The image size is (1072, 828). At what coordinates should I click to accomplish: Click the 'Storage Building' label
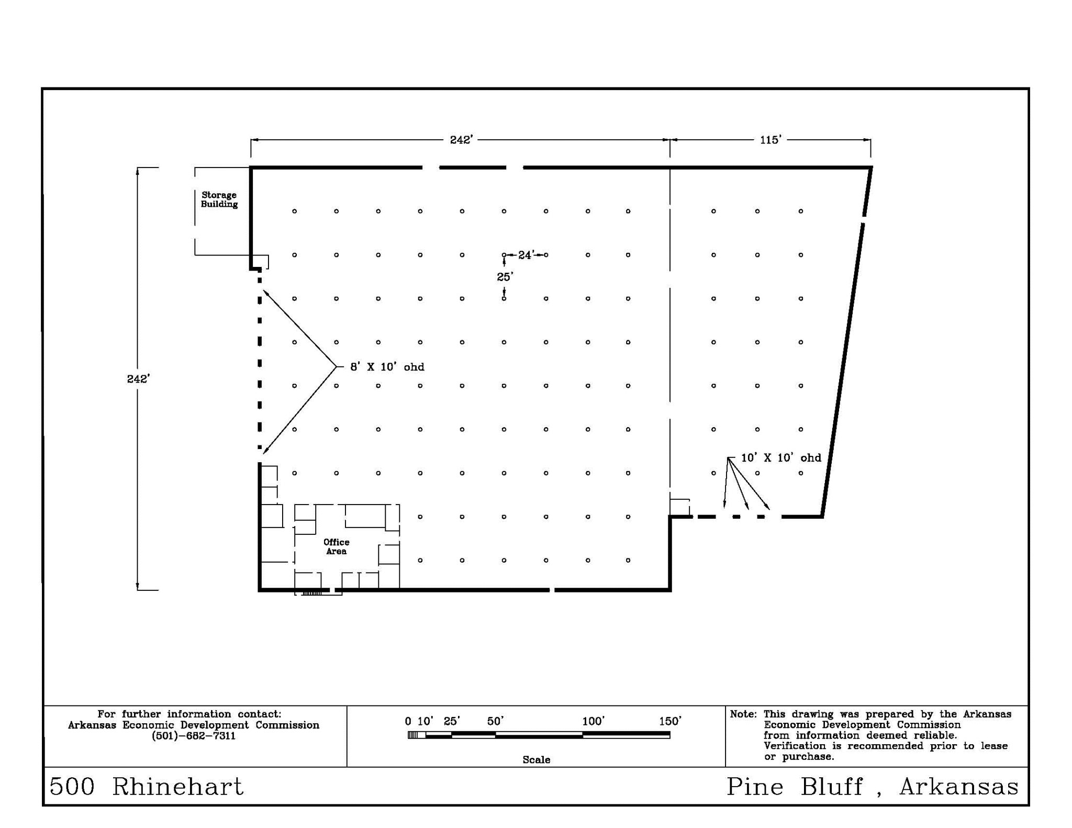pyautogui.click(x=219, y=199)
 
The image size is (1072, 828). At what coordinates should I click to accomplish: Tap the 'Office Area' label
pyautogui.click(x=337, y=546)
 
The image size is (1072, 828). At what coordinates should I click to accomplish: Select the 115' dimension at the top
pyautogui.click(x=770, y=139)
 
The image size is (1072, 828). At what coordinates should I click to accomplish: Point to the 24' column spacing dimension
pyautogui.click(x=526, y=255)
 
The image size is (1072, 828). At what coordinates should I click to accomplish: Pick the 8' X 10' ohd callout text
pyautogui.click(x=387, y=367)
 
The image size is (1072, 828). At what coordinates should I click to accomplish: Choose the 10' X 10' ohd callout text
pyautogui.click(x=781, y=457)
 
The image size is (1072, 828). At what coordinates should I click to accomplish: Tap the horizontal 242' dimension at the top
pyautogui.click(x=462, y=140)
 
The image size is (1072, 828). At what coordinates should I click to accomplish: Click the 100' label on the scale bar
pyautogui.click(x=594, y=721)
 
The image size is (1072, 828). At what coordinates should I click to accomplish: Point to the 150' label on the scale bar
pyautogui.click(x=671, y=721)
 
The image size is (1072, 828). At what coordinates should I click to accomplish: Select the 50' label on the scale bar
pyautogui.click(x=495, y=721)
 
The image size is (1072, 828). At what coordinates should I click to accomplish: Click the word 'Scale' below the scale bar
pyautogui.click(x=537, y=759)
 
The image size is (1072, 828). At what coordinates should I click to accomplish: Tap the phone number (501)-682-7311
pyautogui.click(x=194, y=736)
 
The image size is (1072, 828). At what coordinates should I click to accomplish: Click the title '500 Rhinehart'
pyautogui.click(x=147, y=787)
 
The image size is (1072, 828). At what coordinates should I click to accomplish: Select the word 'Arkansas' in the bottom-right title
pyautogui.click(x=959, y=787)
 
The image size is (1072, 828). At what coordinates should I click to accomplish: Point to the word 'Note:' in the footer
pyautogui.click(x=743, y=714)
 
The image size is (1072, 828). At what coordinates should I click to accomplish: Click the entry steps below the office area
pyautogui.click(x=312, y=593)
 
